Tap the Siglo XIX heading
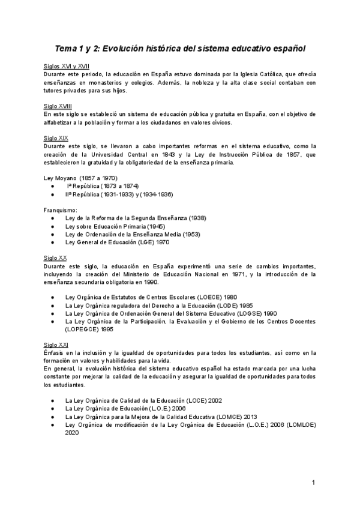click(55, 137)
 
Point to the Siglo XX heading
click(55, 258)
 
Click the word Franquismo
click(60, 210)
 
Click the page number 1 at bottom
click(313, 483)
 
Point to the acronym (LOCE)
click(193, 400)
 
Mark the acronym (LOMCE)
click(219, 416)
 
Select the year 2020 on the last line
click(73, 432)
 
